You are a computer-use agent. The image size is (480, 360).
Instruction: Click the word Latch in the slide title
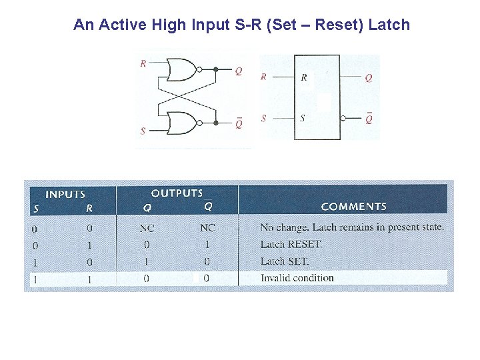pos(389,25)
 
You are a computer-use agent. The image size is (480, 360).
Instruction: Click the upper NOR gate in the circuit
pos(181,69)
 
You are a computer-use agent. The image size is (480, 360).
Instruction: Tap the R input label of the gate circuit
pos(143,64)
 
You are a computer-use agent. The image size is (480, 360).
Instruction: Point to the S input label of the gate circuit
pos(143,131)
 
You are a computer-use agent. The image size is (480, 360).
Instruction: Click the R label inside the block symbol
pos(304,77)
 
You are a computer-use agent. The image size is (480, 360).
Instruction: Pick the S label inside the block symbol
pos(303,119)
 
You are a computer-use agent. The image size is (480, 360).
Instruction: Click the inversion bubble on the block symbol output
pos(343,119)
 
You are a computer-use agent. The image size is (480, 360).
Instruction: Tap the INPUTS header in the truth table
pos(65,195)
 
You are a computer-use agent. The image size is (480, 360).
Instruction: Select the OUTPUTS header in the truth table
pos(177,193)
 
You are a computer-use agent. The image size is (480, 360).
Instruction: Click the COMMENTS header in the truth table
pos(353,207)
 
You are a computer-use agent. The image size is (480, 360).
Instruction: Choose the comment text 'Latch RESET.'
pos(291,245)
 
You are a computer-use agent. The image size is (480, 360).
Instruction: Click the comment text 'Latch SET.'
pos(285,261)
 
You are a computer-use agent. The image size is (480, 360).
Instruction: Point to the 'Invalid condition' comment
pos(297,278)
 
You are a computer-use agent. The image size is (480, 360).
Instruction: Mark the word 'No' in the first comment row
pos(266,227)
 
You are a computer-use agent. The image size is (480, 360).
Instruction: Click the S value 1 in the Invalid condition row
pos(35,279)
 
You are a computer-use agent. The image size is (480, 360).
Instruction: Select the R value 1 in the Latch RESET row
pos(89,245)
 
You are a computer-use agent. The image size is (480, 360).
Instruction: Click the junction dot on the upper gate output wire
pos(215,69)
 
